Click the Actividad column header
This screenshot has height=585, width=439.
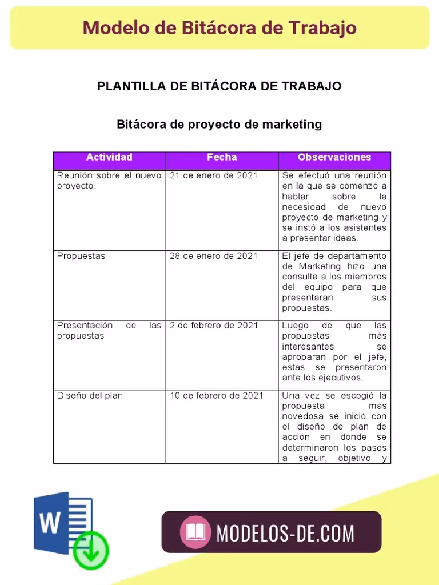click(109, 158)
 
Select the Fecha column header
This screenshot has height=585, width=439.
click(222, 158)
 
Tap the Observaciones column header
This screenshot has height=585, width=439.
click(334, 158)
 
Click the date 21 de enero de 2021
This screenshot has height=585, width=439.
click(213, 176)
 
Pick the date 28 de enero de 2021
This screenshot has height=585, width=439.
click(213, 256)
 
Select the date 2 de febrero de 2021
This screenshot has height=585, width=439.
click(214, 326)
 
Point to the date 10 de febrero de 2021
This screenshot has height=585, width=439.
click(216, 395)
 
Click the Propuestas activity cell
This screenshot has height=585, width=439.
click(81, 256)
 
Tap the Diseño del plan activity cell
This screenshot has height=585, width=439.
click(90, 395)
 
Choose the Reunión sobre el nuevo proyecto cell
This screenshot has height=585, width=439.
click(109, 181)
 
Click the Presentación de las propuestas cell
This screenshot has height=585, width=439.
click(109, 331)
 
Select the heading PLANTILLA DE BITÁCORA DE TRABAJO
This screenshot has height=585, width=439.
click(219, 86)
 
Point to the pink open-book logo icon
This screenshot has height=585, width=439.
click(195, 532)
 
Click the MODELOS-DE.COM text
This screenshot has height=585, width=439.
click(285, 533)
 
